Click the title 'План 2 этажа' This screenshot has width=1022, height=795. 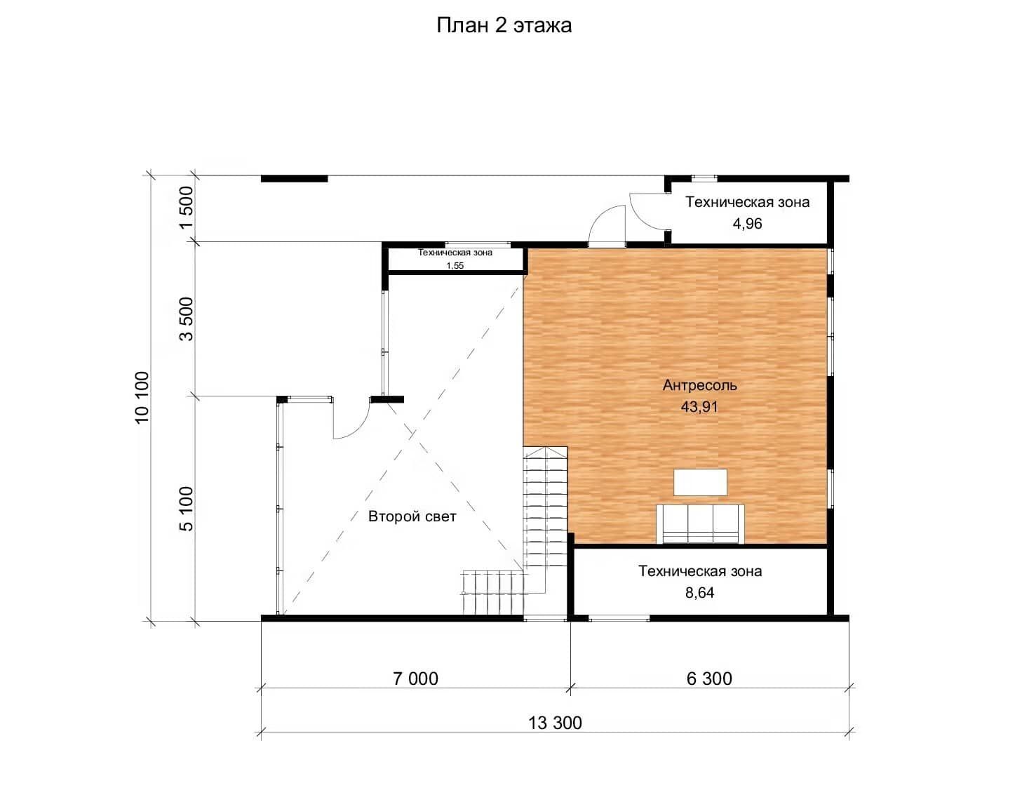point(504,25)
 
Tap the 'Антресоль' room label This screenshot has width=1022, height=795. point(699,386)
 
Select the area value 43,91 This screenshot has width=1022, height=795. point(699,407)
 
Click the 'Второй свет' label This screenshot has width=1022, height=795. point(412,516)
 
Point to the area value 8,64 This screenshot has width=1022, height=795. point(699,593)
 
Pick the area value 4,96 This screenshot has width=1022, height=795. point(747,223)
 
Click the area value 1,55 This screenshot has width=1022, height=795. point(455,266)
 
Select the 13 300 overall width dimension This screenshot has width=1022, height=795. point(555,723)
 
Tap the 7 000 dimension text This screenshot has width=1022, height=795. point(415,679)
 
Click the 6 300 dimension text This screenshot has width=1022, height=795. point(709,679)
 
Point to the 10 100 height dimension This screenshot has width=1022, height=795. point(142,398)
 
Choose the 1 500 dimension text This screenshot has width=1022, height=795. point(187,207)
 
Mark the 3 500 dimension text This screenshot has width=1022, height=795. point(187,319)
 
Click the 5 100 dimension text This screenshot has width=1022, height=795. point(187,509)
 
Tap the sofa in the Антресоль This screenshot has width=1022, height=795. point(700,523)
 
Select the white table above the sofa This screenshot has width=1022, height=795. point(700,482)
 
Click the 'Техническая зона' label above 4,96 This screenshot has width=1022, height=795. point(747,202)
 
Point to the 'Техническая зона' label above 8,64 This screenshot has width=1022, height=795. point(699,571)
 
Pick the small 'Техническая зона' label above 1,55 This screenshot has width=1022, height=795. point(455,253)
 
